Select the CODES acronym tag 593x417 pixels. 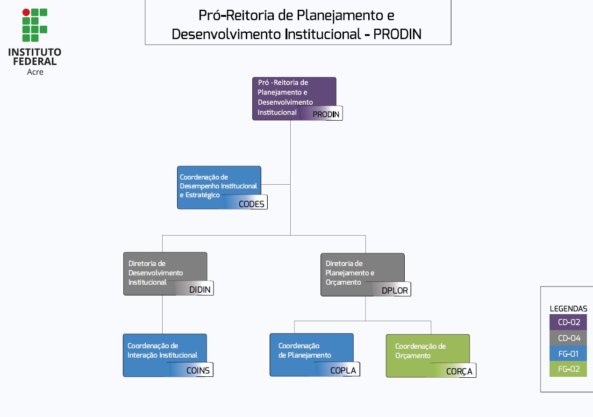[251, 203]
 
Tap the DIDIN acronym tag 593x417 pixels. [200, 290]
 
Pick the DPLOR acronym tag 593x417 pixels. [394, 290]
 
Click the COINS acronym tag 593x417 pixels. [198, 371]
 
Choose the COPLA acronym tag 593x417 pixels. [343, 371]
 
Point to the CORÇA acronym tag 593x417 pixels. [459, 372]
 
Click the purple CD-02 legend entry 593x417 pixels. [568, 322]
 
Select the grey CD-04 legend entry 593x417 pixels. [568, 338]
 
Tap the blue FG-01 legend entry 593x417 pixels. [568, 354]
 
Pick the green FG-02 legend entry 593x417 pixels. [568, 369]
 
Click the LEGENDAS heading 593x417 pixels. [568, 309]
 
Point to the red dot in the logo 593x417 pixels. [26, 12]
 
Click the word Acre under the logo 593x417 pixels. [35, 72]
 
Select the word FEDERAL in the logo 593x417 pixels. [35, 61]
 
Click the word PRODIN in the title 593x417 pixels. [397, 34]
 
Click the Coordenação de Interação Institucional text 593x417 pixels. [162, 351]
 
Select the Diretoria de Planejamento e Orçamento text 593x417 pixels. [350, 273]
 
